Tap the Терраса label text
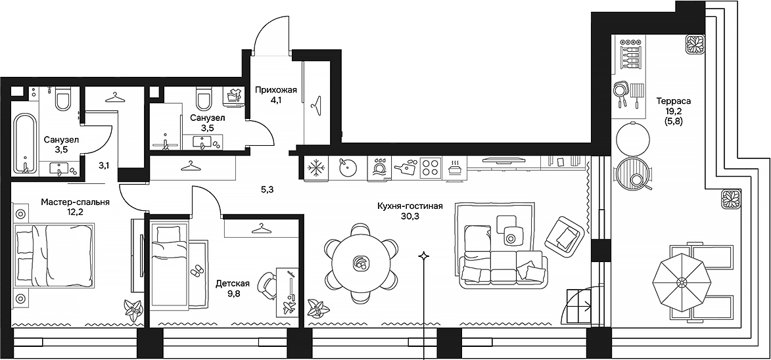673,101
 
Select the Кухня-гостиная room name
409,206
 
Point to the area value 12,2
74,213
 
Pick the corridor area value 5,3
268,191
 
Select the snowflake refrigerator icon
317,168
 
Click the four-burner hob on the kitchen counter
430,168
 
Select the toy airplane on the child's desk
289,306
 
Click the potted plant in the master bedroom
133,307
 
